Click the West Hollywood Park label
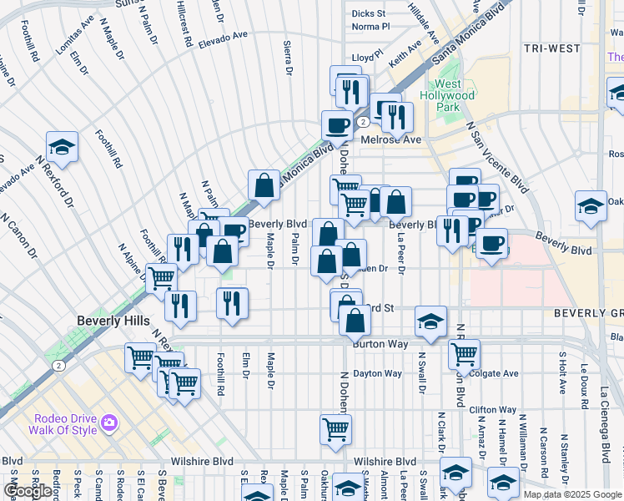point(454,96)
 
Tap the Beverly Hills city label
point(113,321)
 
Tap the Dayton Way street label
point(377,373)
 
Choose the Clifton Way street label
point(489,410)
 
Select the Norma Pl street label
point(370,27)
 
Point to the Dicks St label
point(369,13)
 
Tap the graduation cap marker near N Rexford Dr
point(62,148)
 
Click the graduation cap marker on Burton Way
point(430,321)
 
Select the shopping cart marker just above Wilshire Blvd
point(335,429)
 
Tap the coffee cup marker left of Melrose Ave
point(337,125)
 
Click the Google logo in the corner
point(28,491)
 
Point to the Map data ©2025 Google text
point(572,494)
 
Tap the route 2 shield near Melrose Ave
point(364,122)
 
